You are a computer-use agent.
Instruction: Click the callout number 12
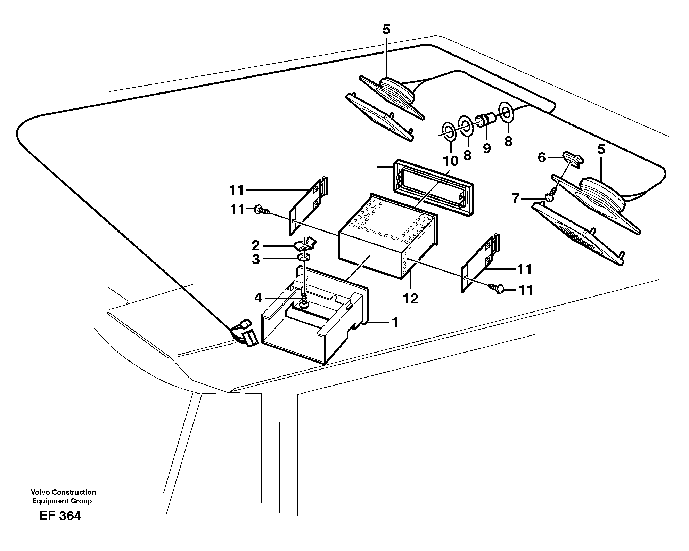point(411,299)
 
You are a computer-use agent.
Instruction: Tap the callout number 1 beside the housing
point(394,323)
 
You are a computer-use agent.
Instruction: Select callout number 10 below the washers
point(451,161)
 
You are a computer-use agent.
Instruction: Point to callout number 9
point(487,148)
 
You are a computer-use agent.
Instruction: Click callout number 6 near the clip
point(542,158)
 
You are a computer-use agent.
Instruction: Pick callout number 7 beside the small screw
point(516,199)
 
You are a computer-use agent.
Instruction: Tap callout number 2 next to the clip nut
point(256,246)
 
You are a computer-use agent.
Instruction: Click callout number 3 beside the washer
point(256,259)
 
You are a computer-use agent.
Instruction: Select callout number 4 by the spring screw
point(258,298)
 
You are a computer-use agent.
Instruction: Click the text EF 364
point(60,516)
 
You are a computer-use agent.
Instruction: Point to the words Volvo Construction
point(63,492)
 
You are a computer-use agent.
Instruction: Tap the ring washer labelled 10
point(450,132)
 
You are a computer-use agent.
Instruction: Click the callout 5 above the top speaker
point(386,30)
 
